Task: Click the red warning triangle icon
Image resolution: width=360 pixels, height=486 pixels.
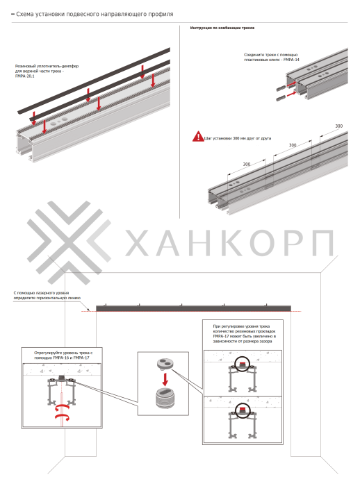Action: [198, 137]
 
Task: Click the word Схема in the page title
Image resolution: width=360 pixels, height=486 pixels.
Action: [26, 14]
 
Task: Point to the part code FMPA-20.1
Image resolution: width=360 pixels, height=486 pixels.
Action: [26, 76]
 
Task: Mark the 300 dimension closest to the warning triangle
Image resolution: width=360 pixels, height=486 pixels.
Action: [247, 165]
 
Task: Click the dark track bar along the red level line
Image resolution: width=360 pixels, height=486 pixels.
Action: [194, 308]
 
